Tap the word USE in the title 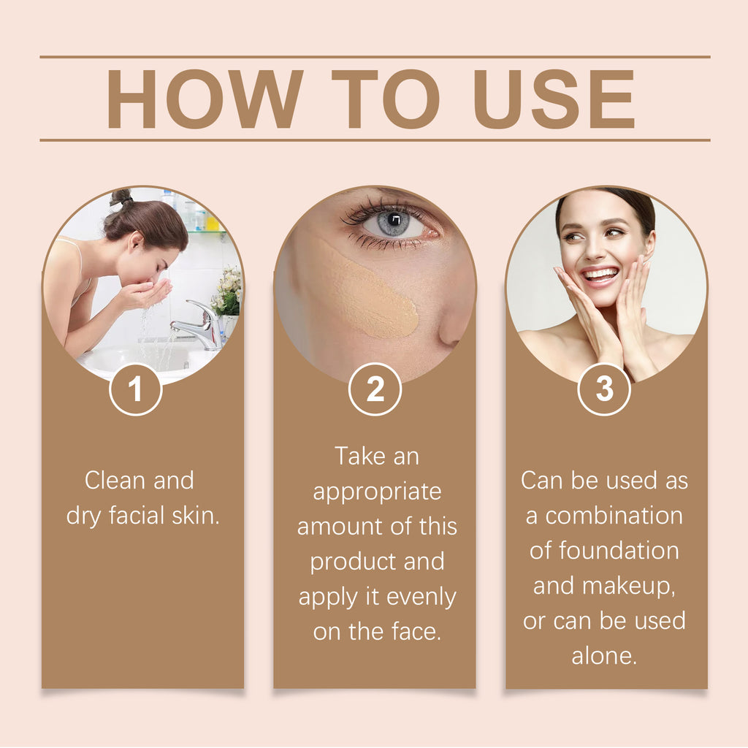(x=554, y=99)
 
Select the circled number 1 (x=135, y=389)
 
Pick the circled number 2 (x=375, y=389)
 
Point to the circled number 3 (x=604, y=389)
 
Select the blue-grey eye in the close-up (x=392, y=224)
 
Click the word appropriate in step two (x=377, y=492)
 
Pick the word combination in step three (x=614, y=516)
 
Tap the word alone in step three (x=604, y=655)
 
